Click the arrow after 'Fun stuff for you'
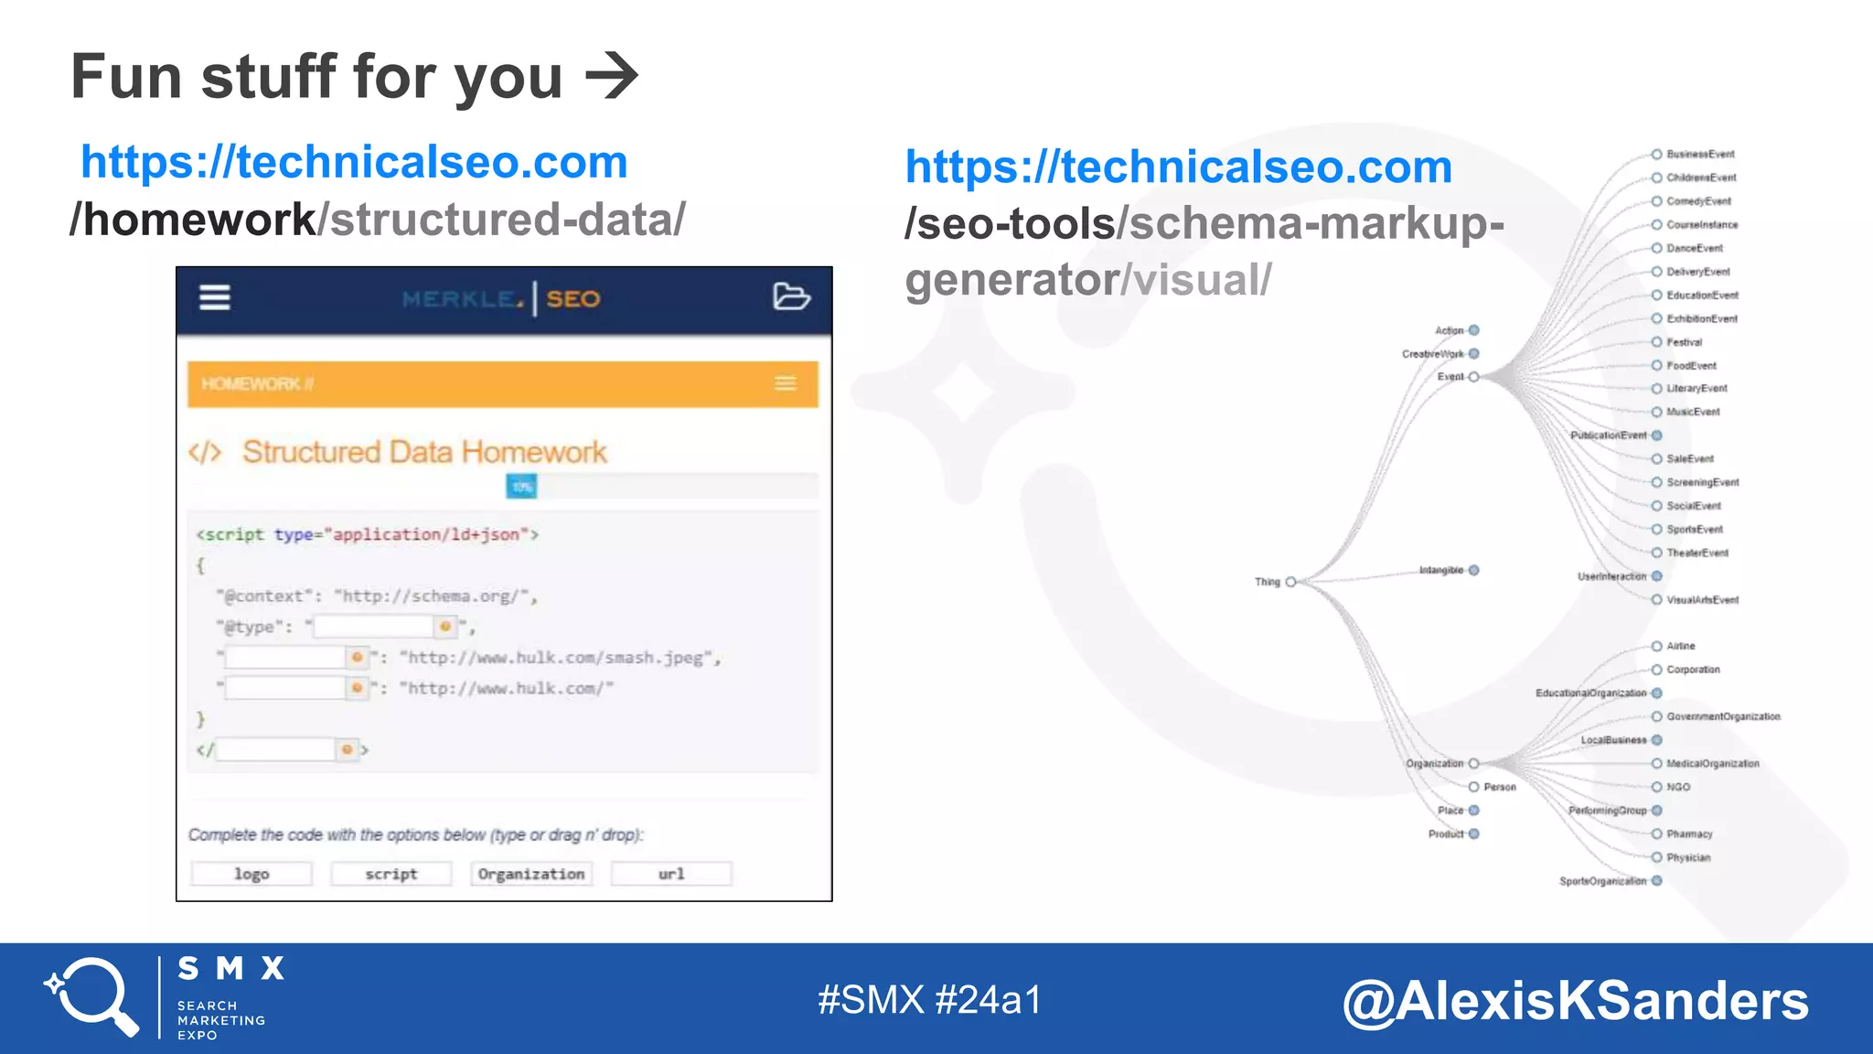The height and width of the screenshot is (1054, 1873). (611, 76)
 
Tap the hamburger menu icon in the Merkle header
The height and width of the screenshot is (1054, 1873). (215, 297)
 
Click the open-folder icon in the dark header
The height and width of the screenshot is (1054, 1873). (791, 296)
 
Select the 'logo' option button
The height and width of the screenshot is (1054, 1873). (252, 874)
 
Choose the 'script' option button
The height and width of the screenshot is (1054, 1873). (391, 874)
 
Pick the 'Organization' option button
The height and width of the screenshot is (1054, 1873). (531, 874)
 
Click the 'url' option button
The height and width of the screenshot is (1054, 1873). (671, 874)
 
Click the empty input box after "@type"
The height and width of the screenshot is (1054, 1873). (373, 627)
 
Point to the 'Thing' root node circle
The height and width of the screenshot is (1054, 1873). (1290, 582)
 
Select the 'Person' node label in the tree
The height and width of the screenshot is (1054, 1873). (1500, 787)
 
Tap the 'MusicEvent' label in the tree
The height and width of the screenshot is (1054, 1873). (1693, 412)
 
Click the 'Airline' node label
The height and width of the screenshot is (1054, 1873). (1681, 646)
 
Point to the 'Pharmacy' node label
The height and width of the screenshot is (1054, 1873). (1689, 834)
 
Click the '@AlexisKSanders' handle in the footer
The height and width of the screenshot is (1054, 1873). (1575, 1000)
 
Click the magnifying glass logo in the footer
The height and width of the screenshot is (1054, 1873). (92, 997)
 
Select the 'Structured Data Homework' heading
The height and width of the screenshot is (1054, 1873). (424, 452)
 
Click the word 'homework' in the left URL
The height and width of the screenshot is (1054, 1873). (199, 220)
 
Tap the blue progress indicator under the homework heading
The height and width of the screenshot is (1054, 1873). (521, 487)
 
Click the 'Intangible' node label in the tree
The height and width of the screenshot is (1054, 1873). (1441, 570)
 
